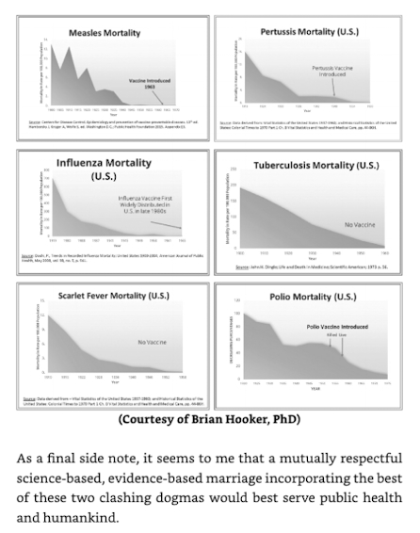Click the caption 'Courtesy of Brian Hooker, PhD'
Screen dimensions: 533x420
pyautogui.click(x=209, y=421)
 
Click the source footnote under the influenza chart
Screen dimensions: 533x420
pyautogui.click(x=104, y=257)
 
